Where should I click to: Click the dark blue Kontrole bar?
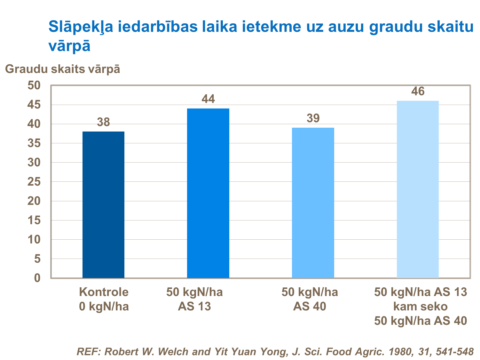[103, 205]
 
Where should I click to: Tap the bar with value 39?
[313, 203]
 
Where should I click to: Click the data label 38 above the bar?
[103, 122]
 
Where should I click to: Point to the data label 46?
[418, 92]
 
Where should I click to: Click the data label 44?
[208, 99]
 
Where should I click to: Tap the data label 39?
[313, 118]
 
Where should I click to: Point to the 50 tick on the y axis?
[34, 85]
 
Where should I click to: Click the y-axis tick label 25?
[34, 182]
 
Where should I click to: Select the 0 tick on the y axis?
[37, 278]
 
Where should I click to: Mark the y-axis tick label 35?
[34, 143]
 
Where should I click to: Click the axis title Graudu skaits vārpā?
[63, 69]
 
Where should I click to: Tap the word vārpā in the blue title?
[69, 46]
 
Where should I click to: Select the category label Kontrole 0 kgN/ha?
[104, 299]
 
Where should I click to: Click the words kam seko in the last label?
[420, 307]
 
